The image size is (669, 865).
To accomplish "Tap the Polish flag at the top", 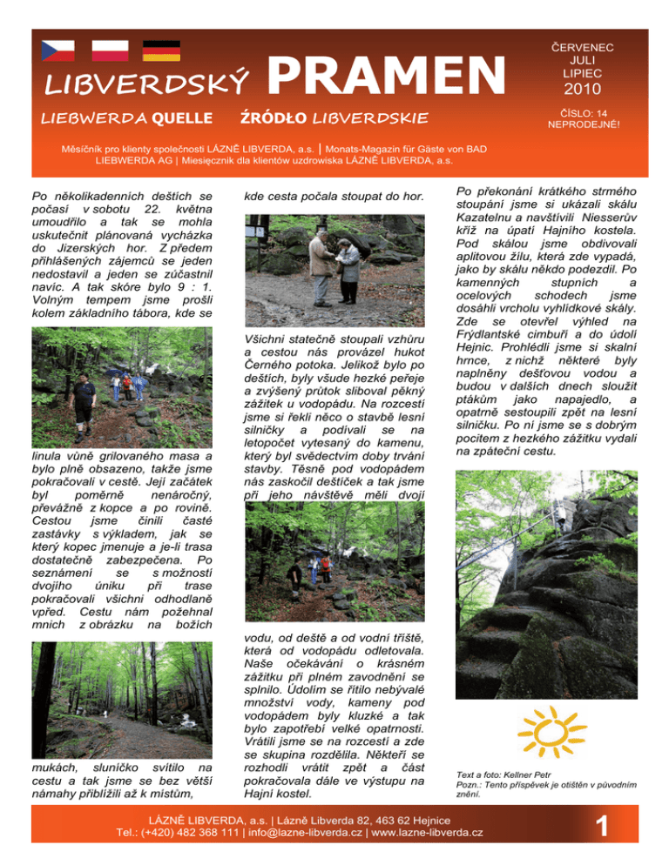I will coord(111,51).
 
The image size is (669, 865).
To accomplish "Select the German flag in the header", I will coord(161,51).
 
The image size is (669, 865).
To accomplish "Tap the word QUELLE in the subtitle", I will coord(180,117).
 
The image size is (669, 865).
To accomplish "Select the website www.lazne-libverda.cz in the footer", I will coord(427,833).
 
